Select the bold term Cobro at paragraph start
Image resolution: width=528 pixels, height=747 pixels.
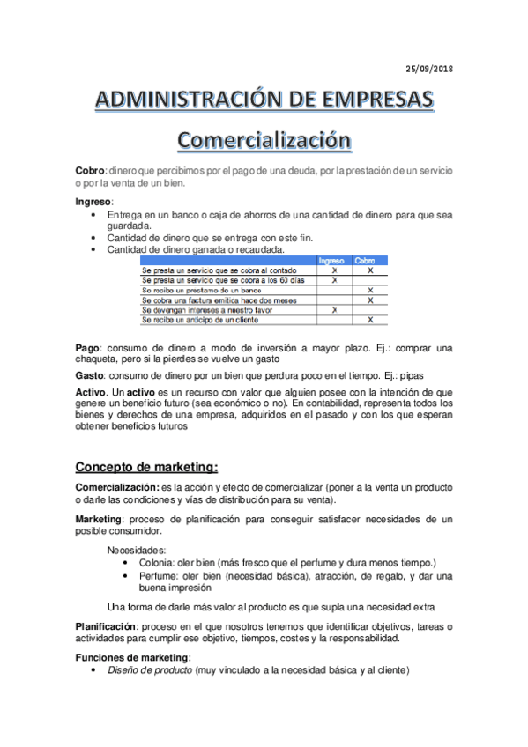click(91, 171)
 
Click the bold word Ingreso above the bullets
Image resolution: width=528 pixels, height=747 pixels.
click(93, 203)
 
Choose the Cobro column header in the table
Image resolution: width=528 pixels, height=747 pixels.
click(366, 261)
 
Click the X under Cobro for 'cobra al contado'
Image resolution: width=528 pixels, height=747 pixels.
click(370, 270)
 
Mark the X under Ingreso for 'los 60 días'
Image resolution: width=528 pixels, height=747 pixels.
click(334, 280)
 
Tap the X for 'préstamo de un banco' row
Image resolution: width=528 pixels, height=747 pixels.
click(370, 290)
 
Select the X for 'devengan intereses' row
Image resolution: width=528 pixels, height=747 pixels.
click(334, 310)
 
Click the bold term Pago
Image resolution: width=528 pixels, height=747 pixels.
click(88, 349)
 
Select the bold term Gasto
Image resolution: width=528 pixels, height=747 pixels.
click(91, 373)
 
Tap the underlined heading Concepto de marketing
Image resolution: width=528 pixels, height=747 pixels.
click(146, 467)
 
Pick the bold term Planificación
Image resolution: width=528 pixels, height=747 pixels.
click(105, 626)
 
